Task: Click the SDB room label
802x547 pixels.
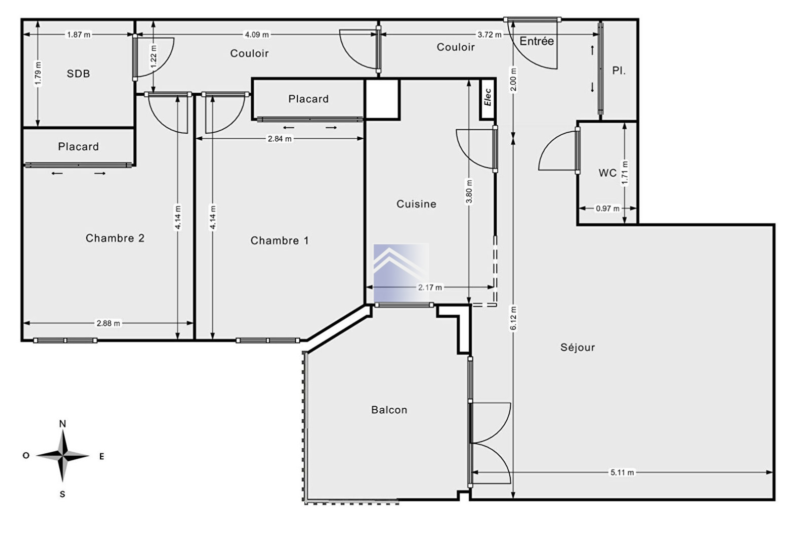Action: coord(78,74)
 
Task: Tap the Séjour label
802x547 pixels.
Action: coord(577,347)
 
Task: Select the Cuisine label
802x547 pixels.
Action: coord(416,204)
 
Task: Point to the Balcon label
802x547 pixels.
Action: coord(389,410)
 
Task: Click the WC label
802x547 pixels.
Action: coord(608,173)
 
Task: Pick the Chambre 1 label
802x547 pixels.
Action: coord(279,240)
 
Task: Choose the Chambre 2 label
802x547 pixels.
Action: coord(115,238)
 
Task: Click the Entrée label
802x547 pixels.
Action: coord(537,41)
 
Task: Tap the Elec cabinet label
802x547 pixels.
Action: coord(488,97)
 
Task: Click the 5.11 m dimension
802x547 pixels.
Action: coord(622,472)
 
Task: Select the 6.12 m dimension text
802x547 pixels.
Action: coord(513,319)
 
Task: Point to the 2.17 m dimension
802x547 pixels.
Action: coord(430,287)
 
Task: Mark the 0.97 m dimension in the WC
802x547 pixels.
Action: coord(608,208)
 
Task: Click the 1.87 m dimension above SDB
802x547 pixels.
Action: coord(79,35)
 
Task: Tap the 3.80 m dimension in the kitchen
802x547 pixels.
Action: coord(469,191)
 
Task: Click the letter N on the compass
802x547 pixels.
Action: coord(63,424)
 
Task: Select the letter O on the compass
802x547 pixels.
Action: coord(26,455)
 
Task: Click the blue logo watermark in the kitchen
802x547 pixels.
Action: coord(401,272)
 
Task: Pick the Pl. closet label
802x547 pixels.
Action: coord(619,71)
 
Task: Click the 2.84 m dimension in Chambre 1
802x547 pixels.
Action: coord(280,138)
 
